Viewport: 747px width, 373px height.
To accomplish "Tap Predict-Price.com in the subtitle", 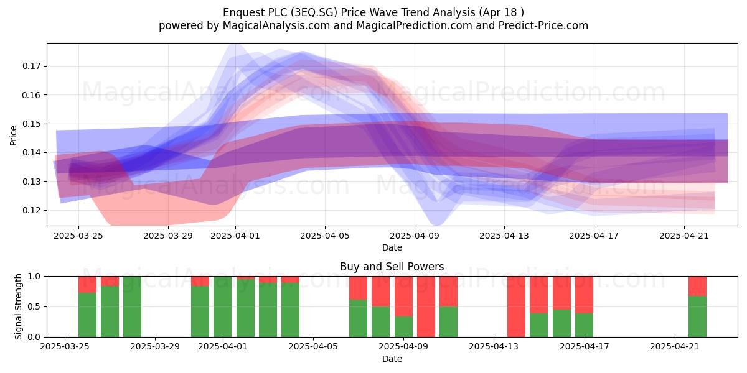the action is point(543,25).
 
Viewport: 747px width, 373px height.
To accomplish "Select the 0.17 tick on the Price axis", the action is point(31,66).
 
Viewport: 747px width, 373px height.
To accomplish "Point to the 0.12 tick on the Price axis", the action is point(31,211).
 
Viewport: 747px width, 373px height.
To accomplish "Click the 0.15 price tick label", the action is point(31,124).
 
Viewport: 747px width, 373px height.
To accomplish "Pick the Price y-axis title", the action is point(13,136).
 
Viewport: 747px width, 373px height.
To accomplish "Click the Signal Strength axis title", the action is point(18,306).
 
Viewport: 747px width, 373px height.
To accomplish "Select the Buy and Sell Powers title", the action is point(392,267).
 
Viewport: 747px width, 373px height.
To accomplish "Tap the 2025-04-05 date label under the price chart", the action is point(325,236).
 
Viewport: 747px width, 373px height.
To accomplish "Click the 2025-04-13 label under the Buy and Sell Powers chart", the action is point(494,347).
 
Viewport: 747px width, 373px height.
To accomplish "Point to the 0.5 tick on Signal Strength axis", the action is point(34,306).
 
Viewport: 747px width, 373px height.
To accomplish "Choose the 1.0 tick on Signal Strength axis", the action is point(34,277).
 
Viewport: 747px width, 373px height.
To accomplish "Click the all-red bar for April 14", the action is point(516,306).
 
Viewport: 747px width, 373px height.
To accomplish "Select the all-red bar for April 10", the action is point(426,306).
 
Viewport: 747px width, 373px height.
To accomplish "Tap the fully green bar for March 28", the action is point(132,306).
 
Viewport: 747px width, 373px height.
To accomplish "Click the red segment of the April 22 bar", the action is point(697,286).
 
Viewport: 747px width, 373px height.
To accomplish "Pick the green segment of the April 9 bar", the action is point(403,327).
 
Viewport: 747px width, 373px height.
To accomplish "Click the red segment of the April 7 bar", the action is point(358,288).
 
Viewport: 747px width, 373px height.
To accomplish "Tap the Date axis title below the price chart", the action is point(392,248).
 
